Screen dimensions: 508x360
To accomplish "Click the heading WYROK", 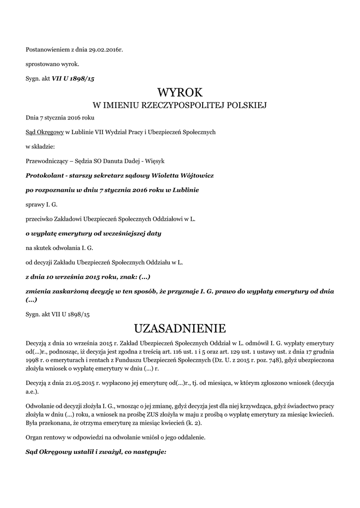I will pos(180,92).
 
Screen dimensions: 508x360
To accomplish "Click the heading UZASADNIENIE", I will pos(180,328).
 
